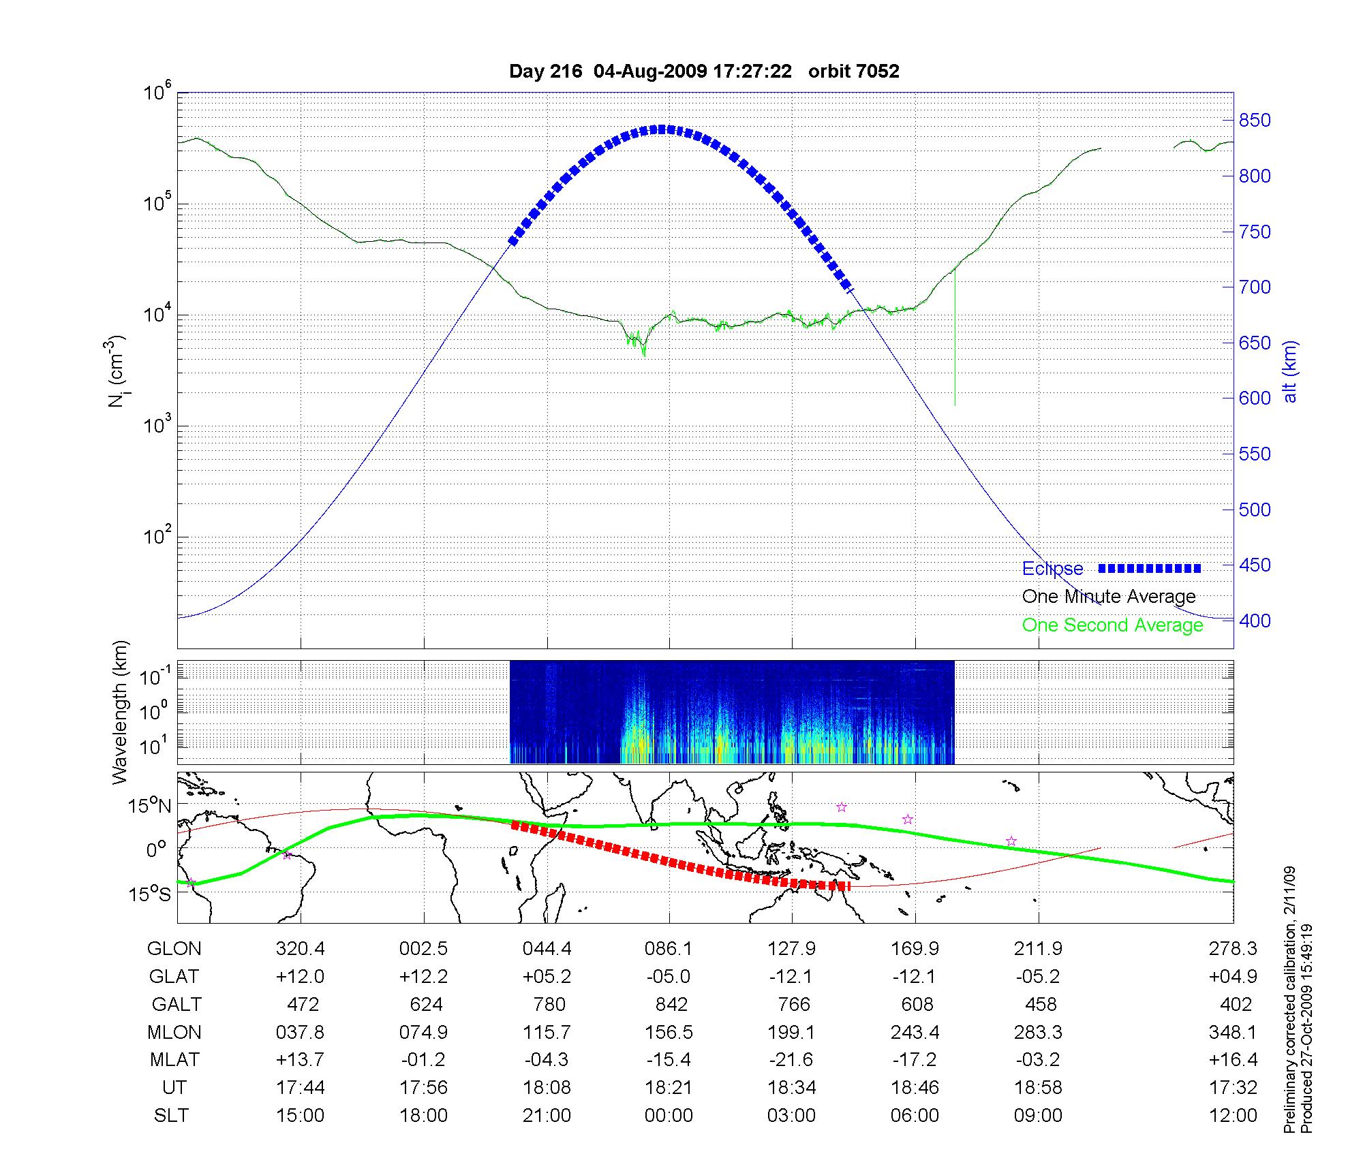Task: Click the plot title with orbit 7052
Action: point(704,72)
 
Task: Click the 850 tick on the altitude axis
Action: point(1255,121)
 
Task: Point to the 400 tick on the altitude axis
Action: point(1255,621)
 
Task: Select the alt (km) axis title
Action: point(1289,371)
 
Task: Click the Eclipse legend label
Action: point(1052,569)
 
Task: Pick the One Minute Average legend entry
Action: point(1109,597)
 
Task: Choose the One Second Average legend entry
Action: point(1112,625)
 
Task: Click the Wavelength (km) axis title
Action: point(120,712)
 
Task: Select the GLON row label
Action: point(174,949)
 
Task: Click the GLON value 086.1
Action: point(669,949)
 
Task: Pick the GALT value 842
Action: point(671,1005)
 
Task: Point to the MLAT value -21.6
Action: point(791,1060)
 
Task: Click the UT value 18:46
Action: point(915,1088)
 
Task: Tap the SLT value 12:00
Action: point(1232,1116)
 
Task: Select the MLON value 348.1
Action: point(1232,1033)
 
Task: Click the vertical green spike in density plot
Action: point(955,341)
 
